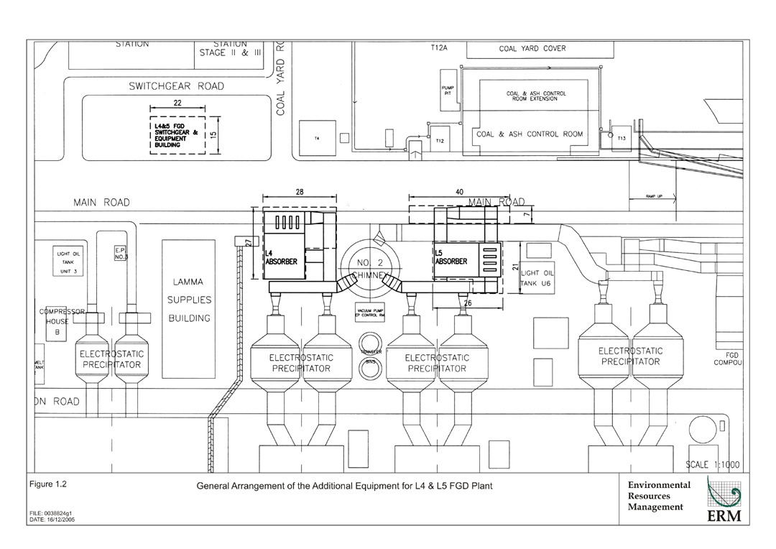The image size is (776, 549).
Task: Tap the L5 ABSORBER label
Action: [x=451, y=257]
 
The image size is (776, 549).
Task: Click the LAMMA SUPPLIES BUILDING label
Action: [x=188, y=300]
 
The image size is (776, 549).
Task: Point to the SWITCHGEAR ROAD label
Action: [x=176, y=86]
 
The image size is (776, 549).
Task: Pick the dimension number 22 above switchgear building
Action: [x=177, y=103]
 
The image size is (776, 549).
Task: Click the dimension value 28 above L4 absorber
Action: [x=300, y=192]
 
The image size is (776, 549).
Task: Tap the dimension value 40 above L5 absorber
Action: [x=459, y=192]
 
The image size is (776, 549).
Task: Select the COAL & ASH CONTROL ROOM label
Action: [x=530, y=134]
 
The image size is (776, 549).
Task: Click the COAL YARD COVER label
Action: [x=532, y=49]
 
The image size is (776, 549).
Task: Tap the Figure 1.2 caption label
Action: [x=48, y=484]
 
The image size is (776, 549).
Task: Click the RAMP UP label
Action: [x=653, y=196]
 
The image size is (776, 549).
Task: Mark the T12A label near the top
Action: [x=439, y=47]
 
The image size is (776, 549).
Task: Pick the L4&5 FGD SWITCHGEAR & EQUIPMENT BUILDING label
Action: [x=176, y=134]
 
